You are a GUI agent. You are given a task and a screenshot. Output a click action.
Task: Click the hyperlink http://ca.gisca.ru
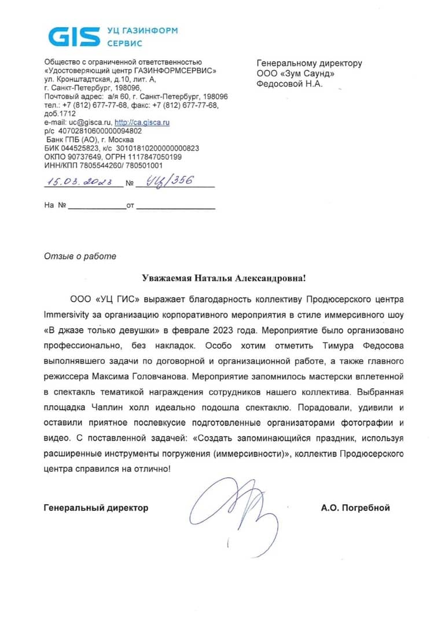pos(142,123)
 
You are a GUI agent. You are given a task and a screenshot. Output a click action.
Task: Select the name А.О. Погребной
pos(355,508)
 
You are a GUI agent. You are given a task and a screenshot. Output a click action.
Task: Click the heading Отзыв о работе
pos(80,256)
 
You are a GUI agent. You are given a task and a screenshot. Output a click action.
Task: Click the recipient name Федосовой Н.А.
pos(289,84)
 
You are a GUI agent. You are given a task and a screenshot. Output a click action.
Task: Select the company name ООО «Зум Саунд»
pos(296,73)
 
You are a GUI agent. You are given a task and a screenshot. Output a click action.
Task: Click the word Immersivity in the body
pos(67,316)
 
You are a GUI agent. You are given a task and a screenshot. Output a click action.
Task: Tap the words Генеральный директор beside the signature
pos(96,508)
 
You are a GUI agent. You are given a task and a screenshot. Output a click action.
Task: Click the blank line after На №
pos(97,205)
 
